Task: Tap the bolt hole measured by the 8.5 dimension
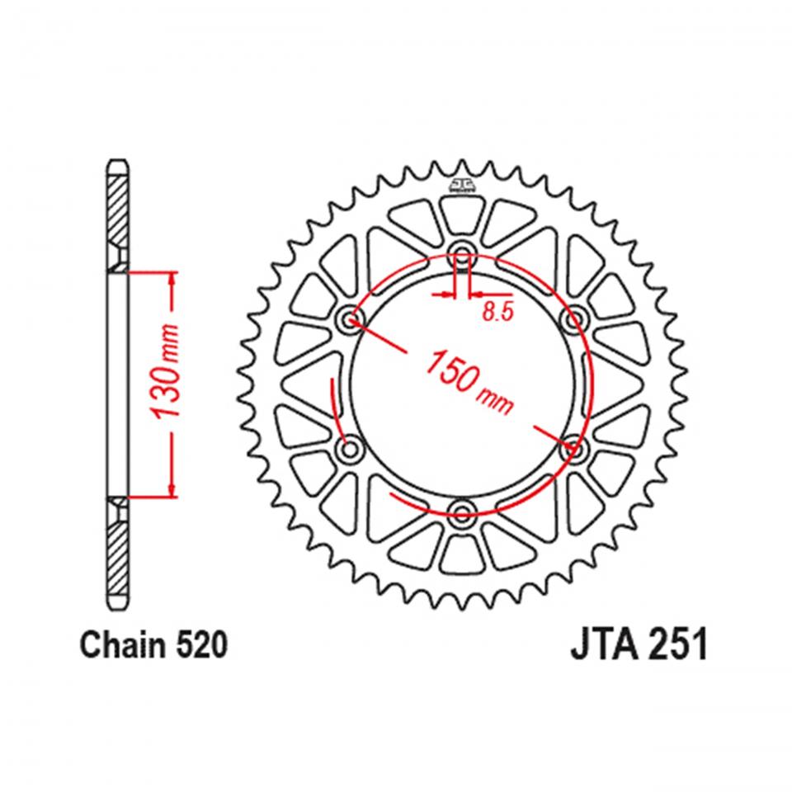462,252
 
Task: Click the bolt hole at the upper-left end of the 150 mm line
353,319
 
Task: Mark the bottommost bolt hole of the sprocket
462,513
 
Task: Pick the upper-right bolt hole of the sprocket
571,318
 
